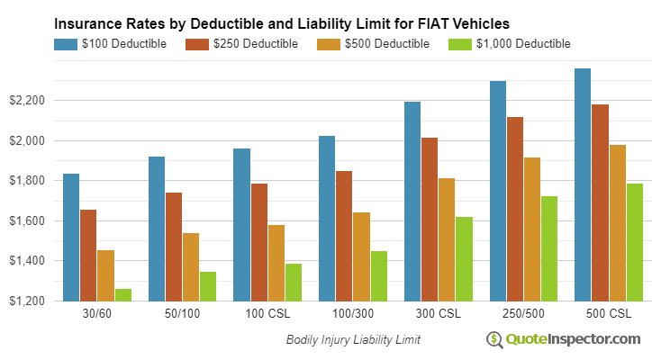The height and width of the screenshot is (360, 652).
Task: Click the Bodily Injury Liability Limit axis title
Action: point(353,340)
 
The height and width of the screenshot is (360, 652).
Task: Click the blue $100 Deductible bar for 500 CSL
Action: point(583,184)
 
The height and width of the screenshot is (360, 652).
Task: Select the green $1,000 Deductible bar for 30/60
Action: point(122,295)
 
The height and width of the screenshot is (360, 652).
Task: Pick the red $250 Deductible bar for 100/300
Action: point(344,236)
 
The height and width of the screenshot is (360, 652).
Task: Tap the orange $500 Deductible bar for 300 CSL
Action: point(447,239)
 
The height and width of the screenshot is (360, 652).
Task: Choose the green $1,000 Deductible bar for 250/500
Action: point(549,248)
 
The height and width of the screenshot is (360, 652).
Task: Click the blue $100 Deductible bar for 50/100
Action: point(157,229)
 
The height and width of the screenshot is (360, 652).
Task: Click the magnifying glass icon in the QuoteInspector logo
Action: point(494,339)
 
